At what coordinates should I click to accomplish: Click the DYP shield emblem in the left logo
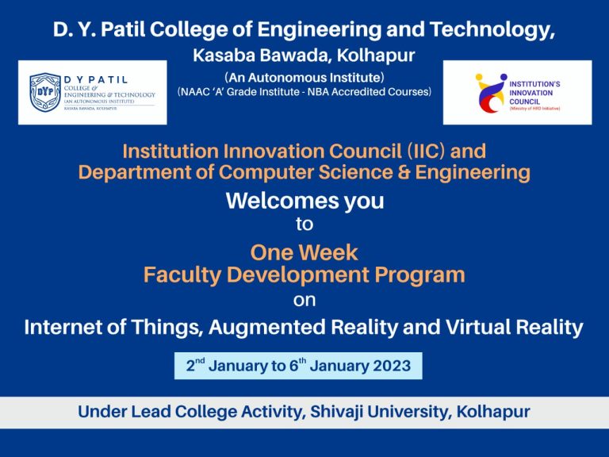click(44, 92)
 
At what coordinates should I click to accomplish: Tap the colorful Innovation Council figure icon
click(490, 92)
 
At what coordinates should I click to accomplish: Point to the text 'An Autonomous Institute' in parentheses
click(304, 78)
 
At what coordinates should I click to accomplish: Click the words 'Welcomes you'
click(304, 201)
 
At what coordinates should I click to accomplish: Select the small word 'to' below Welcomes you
click(304, 225)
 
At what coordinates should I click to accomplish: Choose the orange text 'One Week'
click(304, 253)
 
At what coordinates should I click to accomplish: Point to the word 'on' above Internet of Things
click(304, 301)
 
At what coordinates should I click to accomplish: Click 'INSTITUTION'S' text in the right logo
click(534, 83)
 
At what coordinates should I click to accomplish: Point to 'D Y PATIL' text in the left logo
click(96, 79)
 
